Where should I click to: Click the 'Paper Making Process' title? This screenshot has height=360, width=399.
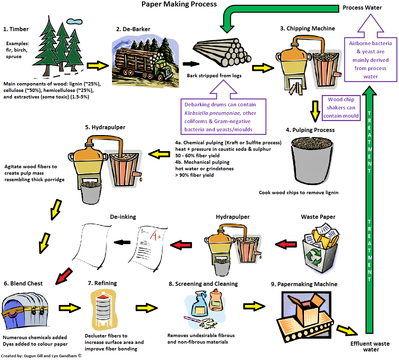[179, 4]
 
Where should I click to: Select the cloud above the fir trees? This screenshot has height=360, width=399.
[74, 22]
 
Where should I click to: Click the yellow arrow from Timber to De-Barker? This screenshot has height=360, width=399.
[97, 66]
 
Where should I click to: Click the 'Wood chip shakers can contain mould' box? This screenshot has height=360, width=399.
[341, 108]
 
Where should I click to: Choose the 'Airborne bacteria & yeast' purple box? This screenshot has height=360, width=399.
[371, 60]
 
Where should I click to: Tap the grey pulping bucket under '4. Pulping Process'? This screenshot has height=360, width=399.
[312, 160]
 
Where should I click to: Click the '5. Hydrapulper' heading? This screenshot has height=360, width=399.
[105, 127]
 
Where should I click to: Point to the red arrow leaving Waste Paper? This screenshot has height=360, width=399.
[286, 244]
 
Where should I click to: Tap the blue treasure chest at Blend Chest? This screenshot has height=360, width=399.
[25, 310]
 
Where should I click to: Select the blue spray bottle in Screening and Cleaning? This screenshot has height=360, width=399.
[199, 305]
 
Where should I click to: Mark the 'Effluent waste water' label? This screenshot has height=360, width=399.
[370, 347]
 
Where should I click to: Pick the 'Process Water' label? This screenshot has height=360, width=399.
[362, 8]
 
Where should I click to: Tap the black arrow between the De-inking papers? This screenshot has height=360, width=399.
[122, 242]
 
